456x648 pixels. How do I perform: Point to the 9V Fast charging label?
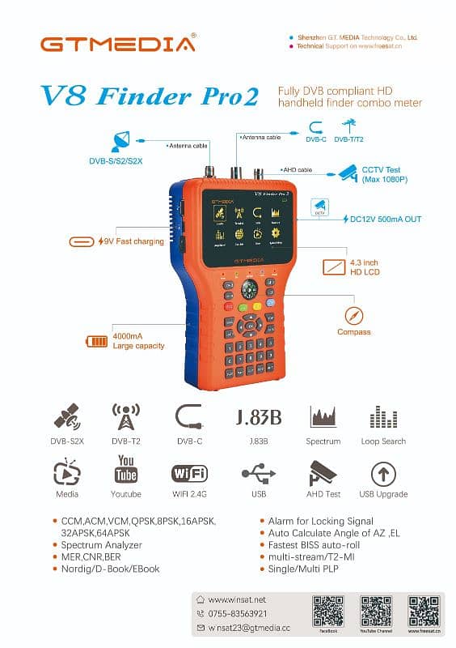131,241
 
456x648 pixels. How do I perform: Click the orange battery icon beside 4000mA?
97,341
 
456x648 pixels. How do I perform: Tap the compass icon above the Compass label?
353,315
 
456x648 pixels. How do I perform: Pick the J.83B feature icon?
259,417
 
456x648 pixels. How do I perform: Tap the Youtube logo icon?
126,468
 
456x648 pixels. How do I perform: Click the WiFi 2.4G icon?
189,473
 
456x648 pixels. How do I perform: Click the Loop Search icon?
383,417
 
